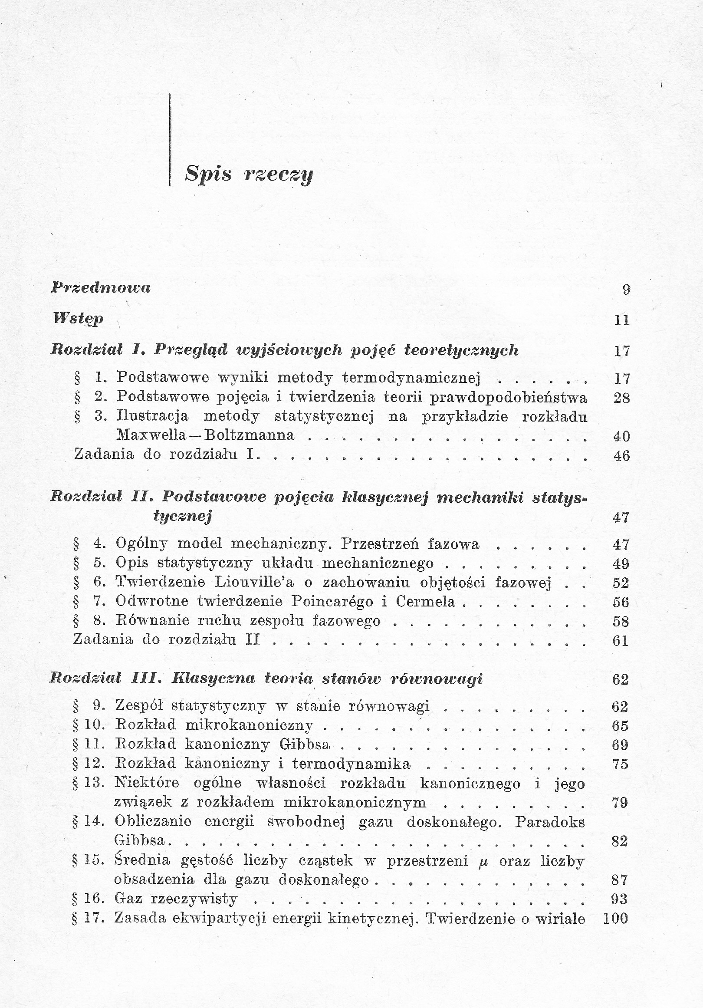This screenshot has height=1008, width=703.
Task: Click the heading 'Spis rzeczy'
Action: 249,174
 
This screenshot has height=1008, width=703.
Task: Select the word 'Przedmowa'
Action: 101,287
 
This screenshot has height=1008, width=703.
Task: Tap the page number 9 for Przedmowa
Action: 626,289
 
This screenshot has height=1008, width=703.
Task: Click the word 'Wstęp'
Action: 78,318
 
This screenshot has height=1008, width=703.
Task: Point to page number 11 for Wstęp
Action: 622,320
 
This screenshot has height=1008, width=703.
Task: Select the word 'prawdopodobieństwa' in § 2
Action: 508,397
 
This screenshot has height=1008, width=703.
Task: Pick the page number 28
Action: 621,398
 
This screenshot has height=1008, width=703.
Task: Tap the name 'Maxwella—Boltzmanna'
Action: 205,435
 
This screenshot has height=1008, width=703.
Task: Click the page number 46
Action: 621,456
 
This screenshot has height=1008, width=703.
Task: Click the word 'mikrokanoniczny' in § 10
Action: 249,725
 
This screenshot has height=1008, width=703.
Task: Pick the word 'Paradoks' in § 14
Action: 550,822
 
